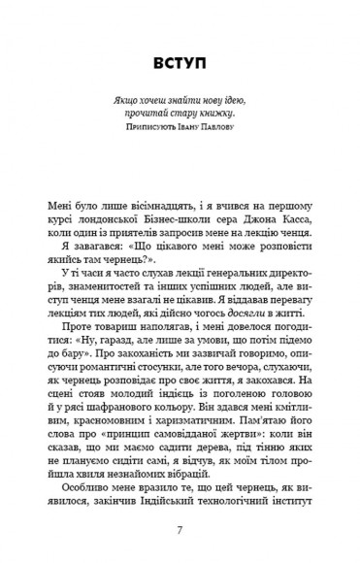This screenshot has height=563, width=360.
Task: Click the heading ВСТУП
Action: [x=180, y=64]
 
